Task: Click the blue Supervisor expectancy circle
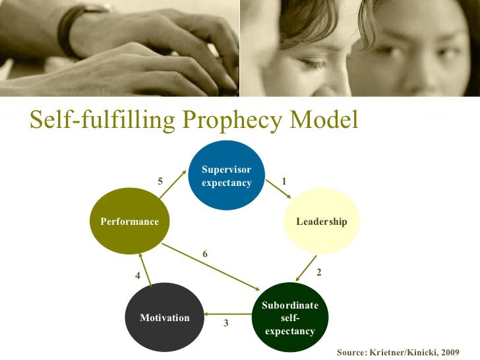[x=226, y=175]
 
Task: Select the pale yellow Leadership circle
[x=321, y=221]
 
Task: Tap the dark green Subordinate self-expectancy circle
[x=289, y=318]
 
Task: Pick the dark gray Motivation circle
[x=164, y=317]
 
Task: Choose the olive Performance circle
[x=129, y=221]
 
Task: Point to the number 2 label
[x=319, y=272]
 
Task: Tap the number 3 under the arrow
[x=225, y=323]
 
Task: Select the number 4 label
[x=138, y=276]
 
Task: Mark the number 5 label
[x=160, y=181]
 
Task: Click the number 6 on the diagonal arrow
[x=205, y=254]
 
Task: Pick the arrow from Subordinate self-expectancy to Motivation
[x=227, y=314]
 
